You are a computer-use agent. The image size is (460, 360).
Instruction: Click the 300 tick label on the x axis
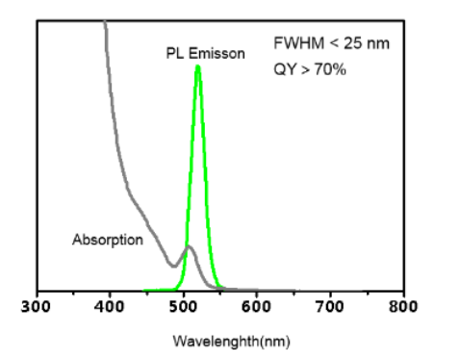tap(37, 307)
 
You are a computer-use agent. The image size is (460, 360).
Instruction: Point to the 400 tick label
tap(110, 307)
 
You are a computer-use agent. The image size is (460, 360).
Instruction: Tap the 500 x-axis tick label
tap(183, 307)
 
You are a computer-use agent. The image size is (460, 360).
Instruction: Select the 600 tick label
tap(257, 307)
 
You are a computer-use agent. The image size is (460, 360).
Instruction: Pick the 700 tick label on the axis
tap(330, 307)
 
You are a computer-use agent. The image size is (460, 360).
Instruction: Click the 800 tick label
tap(403, 307)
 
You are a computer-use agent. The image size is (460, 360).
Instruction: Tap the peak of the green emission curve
tap(198, 66)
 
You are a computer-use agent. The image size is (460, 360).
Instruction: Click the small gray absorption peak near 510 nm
tap(189, 247)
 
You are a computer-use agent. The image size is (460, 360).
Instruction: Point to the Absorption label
tap(107, 240)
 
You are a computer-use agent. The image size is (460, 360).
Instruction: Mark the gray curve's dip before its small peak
tap(173, 265)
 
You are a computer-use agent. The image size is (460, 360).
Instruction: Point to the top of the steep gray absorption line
tap(104, 23)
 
